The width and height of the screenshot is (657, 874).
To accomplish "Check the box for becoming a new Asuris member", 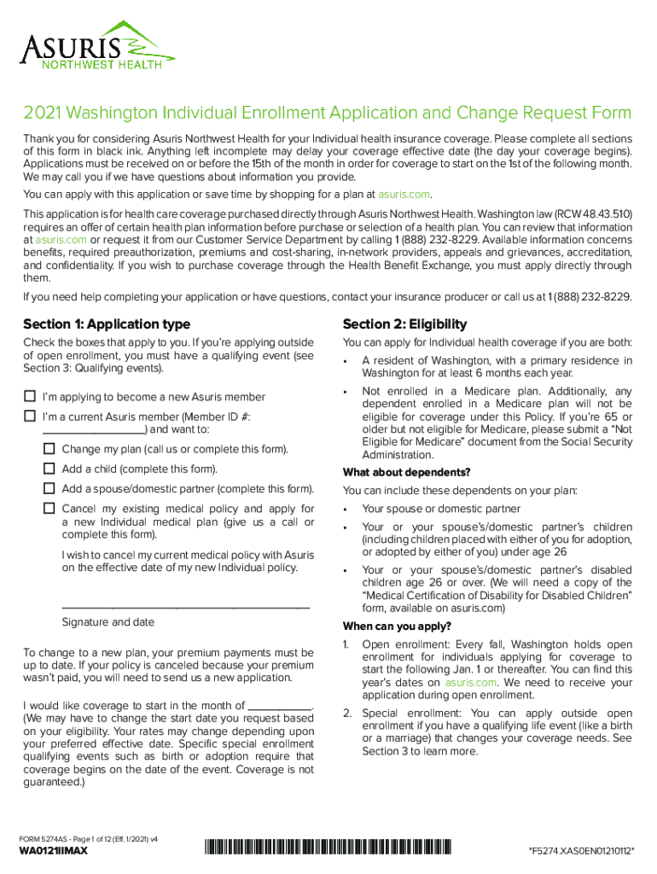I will [x=30, y=396].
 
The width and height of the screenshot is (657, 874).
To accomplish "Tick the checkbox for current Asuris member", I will [x=30, y=417].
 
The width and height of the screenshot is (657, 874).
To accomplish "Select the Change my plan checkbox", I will [x=49, y=449].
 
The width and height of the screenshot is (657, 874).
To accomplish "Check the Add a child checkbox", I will [x=49, y=469].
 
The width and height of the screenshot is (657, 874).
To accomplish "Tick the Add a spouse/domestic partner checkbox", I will [x=49, y=488].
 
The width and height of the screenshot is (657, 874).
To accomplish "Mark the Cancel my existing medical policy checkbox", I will [x=49, y=508].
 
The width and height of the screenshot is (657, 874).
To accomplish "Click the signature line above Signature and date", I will [x=186, y=606].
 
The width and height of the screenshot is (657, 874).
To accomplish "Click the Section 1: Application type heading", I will [x=107, y=324].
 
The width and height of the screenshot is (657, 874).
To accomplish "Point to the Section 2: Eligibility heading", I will [x=404, y=324].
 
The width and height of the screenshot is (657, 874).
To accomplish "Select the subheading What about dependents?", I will [x=406, y=473].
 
